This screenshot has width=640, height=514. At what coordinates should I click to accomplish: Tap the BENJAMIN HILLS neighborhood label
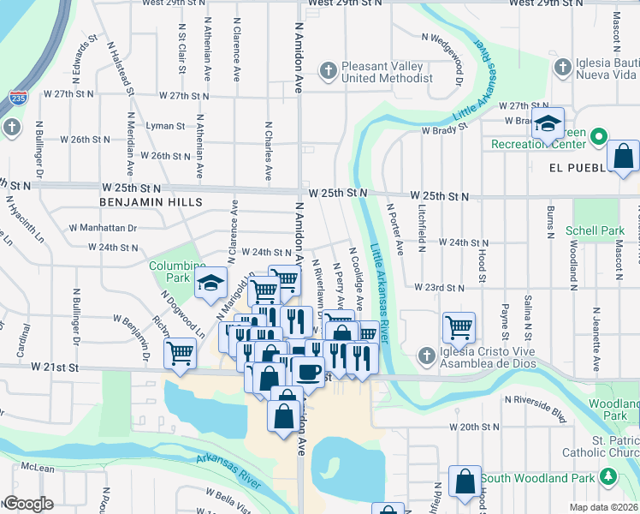coord(151,202)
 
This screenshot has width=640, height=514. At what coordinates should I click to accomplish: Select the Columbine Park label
coord(177,272)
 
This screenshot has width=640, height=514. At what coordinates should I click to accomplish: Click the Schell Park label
coord(595,231)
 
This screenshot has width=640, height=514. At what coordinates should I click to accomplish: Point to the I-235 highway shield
coord(16,98)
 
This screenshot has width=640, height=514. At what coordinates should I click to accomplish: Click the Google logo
coord(28,504)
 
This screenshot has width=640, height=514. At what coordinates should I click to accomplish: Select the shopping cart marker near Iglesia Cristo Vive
coord(459,326)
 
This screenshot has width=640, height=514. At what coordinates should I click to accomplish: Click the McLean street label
coord(38,468)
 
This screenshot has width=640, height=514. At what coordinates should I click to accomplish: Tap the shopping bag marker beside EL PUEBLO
coord(625,157)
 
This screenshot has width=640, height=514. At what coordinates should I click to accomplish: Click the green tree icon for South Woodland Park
coord(608,476)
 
